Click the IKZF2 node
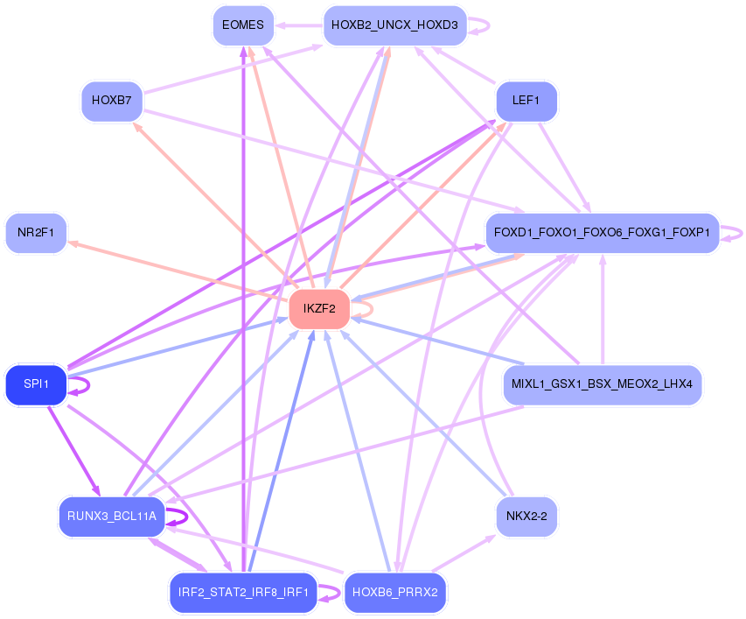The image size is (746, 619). pyautogui.click(x=319, y=308)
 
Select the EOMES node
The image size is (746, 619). pyautogui.click(x=243, y=25)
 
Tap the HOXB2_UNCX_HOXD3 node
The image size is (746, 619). pyautogui.click(x=394, y=25)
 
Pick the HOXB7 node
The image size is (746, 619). pyautogui.click(x=111, y=101)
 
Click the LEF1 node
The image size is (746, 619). pyautogui.click(x=526, y=101)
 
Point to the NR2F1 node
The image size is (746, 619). pyautogui.click(x=36, y=233)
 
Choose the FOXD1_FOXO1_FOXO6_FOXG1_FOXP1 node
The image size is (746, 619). pyautogui.click(x=602, y=233)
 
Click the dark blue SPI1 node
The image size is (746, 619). pyautogui.click(x=36, y=384)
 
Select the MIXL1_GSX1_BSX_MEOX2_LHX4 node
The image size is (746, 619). pyautogui.click(x=602, y=384)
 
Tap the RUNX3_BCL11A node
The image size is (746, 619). pyautogui.click(x=111, y=516)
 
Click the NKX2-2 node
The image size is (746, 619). pyautogui.click(x=526, y=516)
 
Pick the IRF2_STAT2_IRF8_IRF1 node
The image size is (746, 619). pyautogui.click(x=243, y=592)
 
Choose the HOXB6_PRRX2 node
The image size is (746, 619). pyautogui.click(x=394, y=592)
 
